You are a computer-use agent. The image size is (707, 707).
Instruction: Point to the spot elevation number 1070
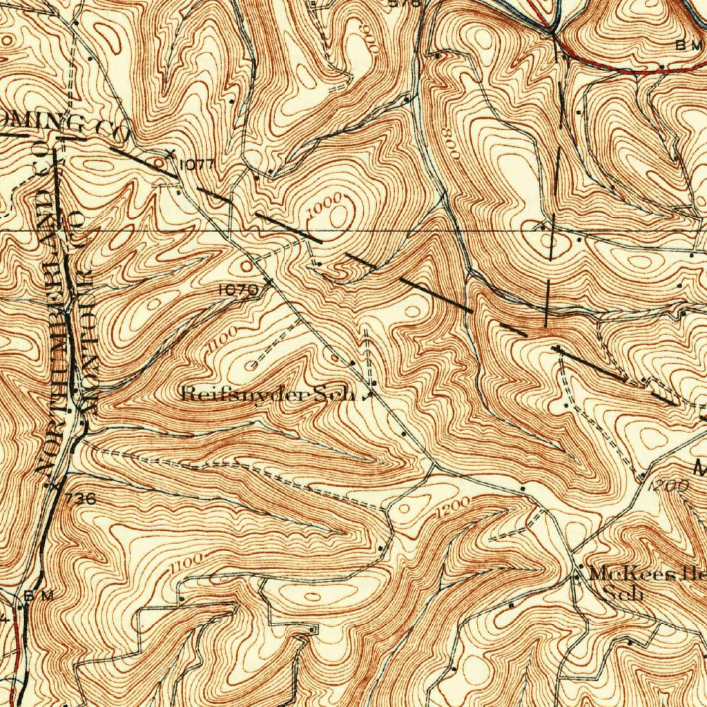tap(238, 291)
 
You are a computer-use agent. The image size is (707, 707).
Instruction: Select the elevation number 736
tap(81, 498)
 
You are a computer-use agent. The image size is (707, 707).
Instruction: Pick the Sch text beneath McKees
tap(623, 593)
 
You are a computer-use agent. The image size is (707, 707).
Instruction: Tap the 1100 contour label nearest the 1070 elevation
tap(225, 338)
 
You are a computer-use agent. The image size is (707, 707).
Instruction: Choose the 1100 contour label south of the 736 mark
tap(187, 561)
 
